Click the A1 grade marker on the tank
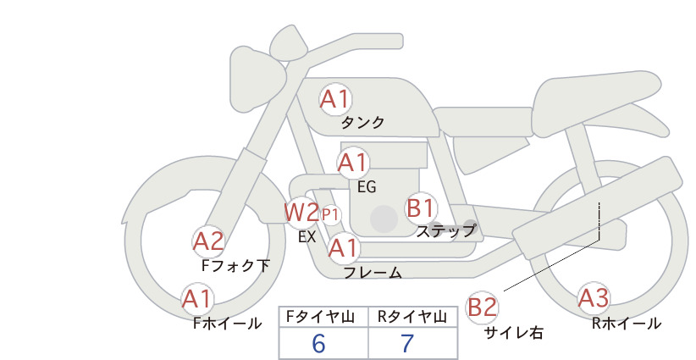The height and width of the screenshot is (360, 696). click(x=335, y=99)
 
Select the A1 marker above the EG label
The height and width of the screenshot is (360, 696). click(x=353, y=163)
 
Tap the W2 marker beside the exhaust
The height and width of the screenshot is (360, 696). click(x=301, y=213)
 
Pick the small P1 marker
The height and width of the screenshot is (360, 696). click(x=331, y=215)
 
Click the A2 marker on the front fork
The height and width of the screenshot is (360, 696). click(x=208, y=242)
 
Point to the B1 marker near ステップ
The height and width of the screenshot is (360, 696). click(x=421, y=208)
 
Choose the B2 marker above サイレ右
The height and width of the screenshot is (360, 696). click(x=482, y=307)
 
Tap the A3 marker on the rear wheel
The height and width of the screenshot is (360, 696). click(x=594, y=298)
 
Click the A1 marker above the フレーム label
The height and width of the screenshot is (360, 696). click(x=344, y=248)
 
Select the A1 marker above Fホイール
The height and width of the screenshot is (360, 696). click(x=197, y=299)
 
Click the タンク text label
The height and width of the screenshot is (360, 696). click(x=362, y=123)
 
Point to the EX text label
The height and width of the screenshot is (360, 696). click(x=307, y=237)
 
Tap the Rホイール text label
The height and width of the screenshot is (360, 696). click(x=627, y=324)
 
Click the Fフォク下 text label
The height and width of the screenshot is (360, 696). click(x=235, y=265)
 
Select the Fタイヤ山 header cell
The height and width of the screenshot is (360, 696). click(x=323, y=317)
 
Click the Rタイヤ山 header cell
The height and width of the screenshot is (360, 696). click(x=413, y=317)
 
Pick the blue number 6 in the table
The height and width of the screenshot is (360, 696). click(x=318, y=343)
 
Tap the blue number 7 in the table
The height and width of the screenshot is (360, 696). click(x=407, y=343)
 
